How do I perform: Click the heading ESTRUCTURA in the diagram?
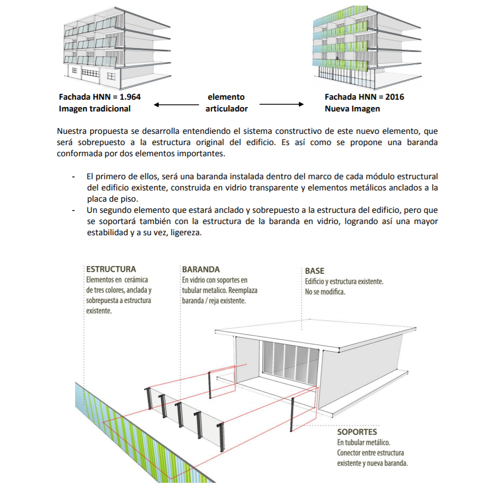111,269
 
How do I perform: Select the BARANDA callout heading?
201,269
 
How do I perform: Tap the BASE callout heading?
314,271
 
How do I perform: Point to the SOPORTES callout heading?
357,432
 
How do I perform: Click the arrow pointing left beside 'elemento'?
173,105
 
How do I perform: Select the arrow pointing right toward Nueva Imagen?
281,105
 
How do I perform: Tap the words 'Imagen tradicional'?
94,109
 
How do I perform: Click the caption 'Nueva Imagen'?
352,109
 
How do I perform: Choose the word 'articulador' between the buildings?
226,109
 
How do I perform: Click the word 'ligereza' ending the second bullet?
184,234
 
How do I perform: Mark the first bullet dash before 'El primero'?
73,176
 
